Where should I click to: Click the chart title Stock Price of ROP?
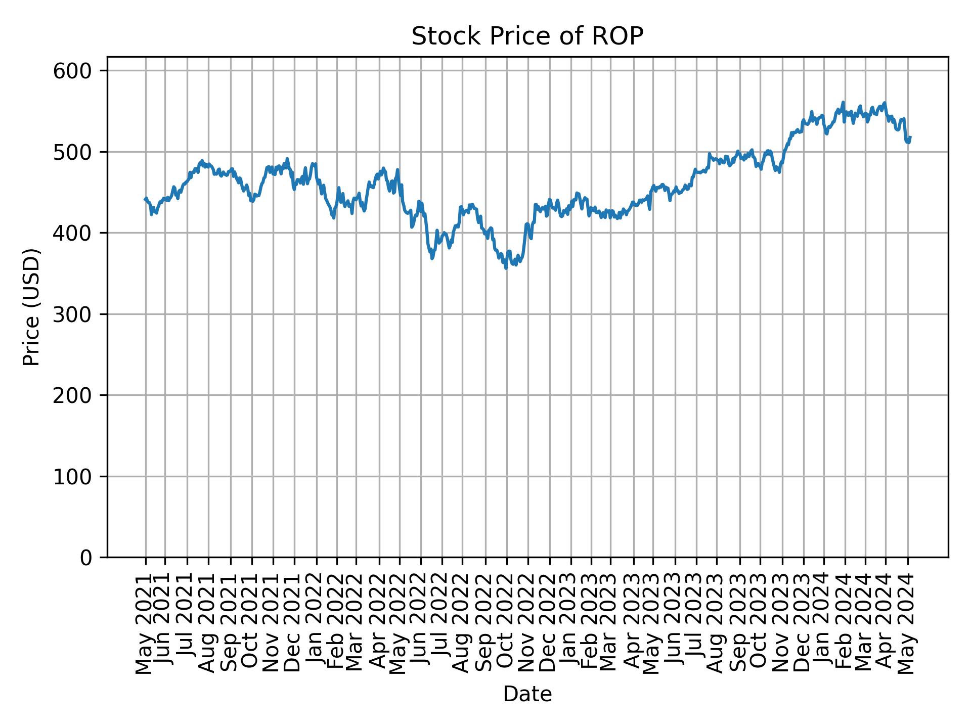click(x=527, y=36)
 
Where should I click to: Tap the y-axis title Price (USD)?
click(x=31, y=307)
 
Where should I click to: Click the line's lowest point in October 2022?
click(x=506, y=268)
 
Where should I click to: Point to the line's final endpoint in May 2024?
click(x=910, y=137)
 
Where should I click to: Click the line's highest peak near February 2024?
click(x=843, y=102)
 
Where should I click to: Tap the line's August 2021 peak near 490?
click(x=202, y=161)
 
